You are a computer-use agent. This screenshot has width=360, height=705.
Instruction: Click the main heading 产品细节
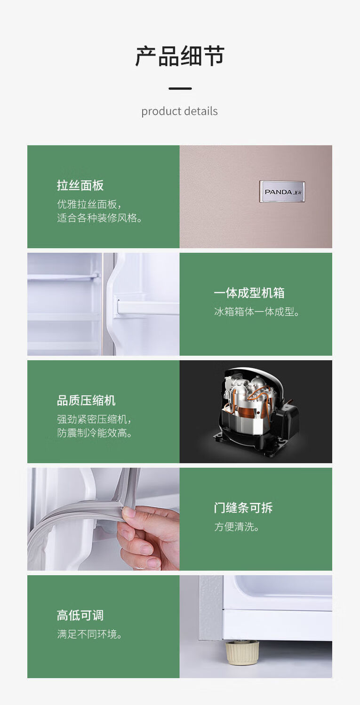pos(180,56)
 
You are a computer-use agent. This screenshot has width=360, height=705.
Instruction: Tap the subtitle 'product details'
pos(179,111)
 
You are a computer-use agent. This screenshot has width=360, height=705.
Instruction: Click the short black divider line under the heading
pos(180,88)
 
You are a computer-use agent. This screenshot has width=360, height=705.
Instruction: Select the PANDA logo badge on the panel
pos(282,191)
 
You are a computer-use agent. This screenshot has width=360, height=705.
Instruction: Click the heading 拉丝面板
pos(80,185)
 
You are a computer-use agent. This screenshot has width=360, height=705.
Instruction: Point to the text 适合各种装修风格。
pos(100,218)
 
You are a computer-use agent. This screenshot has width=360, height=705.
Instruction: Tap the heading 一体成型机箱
pos(249,293)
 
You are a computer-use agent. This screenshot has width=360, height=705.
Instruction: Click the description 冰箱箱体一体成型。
pos(257,312)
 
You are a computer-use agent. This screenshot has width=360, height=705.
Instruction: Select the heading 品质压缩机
pos(86,401)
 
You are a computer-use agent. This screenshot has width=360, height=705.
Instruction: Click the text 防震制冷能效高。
pos(96,433)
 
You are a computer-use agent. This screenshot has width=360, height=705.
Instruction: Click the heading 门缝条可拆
pos(243,508)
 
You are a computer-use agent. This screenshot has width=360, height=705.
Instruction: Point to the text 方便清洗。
pos(237,527)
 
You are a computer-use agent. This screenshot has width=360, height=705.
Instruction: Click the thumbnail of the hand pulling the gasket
pos(103,519)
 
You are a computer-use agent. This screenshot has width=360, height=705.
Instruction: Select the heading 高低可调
pos(80,615)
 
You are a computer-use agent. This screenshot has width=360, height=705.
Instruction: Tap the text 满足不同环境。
pos(90,634)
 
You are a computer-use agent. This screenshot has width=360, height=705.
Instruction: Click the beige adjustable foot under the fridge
pos(242,653)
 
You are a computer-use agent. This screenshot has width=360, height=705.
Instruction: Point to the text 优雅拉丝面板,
pos(89,205)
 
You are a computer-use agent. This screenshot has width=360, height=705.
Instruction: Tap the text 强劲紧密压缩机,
pos(95,420)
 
